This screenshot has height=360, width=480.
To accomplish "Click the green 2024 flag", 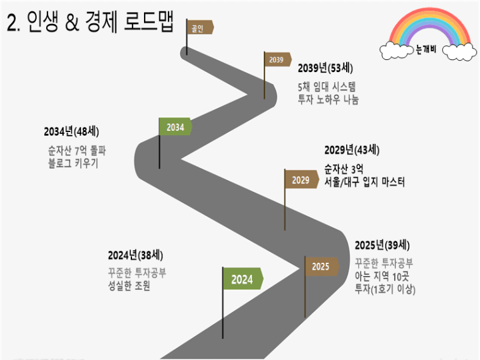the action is pos(243,279).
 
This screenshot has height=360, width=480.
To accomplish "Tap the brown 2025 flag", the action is pos(321,267).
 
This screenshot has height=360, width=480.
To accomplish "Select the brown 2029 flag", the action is pos(301,180).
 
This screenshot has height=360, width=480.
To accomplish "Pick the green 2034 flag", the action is pos(176,127).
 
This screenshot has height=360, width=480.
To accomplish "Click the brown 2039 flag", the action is pos(277,60).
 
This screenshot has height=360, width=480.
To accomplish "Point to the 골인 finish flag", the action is pos(200,28).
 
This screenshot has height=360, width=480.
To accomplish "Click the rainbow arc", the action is pos(430,25).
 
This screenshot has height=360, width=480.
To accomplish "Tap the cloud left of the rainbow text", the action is pos(397,51).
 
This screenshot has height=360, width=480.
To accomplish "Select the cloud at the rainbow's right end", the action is pos(460,52).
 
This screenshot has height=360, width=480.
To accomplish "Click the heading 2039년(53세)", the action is pos(325,68).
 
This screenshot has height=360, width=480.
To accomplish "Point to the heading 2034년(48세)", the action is pos(71,131).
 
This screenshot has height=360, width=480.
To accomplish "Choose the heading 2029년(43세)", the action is pos(352,150).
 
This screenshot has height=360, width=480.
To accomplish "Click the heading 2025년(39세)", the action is pos(382,245).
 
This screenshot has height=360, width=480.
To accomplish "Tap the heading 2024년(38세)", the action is pos(135,255).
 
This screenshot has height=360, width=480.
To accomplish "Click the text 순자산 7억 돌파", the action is pos(77,150).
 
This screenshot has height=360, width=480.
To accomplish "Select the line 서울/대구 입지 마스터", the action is pos(364,182).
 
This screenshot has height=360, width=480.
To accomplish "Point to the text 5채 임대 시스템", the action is pos(327,87).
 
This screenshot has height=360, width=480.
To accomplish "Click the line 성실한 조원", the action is pos(129,285).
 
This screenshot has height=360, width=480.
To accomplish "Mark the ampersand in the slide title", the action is pos(72,23).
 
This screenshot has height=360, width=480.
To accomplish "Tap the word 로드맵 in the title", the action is pos(149,21).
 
